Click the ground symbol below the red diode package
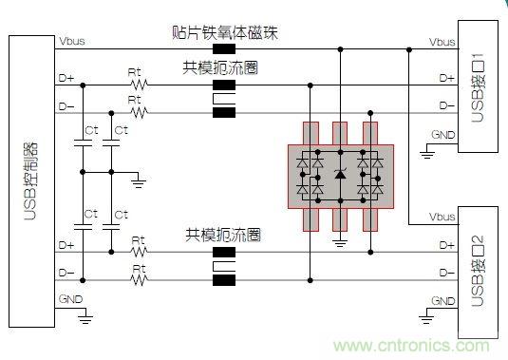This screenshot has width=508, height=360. tap(341, 242)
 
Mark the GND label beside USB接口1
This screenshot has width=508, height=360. tap(443, 133)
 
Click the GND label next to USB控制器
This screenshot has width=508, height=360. tap(70, 299)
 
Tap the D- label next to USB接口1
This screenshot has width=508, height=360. tap(446, 104)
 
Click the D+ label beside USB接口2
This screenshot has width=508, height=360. tap(446, 245)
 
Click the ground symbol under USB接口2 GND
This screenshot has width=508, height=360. tap(420, 320)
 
